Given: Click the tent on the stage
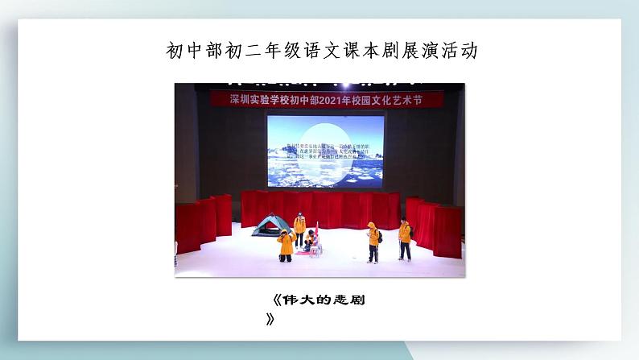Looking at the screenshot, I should (271, 226).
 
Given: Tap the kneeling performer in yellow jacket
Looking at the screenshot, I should (285, 245).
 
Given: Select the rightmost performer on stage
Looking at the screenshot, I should (404, 240).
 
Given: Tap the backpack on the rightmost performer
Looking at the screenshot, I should (410, 234).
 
